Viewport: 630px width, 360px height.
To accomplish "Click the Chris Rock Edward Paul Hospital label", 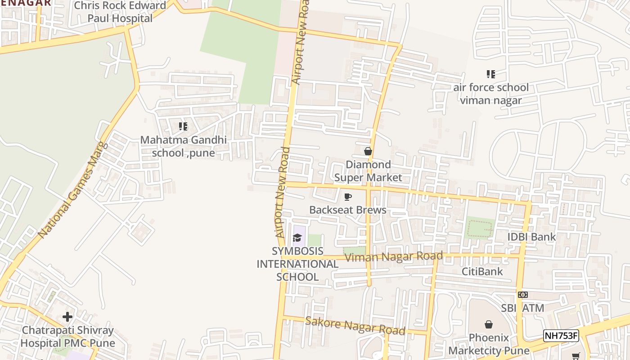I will pyautogui.click(x=120, y=12).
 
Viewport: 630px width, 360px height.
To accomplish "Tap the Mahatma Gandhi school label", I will pyautogui.click(x=183, y=146).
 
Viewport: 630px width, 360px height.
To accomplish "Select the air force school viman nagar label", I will pyautogui.click(x=490, y=94).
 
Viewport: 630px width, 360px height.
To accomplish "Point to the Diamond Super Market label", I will pyautogui.click(x=368, y=171).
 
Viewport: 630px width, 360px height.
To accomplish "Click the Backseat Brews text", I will pyautogui.click(x=348, y=210).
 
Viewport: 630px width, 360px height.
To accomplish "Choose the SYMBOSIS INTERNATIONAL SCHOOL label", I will pyautogui.click(x=297, y=264).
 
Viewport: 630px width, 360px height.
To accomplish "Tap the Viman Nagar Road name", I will pyautogui.click(x=394, y=256).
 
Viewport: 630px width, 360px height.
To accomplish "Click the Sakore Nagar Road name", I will pyautogui.click(x=355, y=325).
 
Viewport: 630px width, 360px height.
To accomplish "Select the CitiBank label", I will pyautogui.click(x=482, y=271).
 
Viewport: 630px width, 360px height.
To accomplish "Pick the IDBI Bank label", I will pyautogui.click(x=532, y=237).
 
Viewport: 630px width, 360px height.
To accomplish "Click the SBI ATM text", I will pyautogui.click(x=523, y=308).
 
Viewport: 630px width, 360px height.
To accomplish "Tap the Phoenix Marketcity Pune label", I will pyautogui.click(x=489, y=344).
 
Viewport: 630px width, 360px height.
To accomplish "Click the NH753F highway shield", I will pyautogui.click(x=561, y=336).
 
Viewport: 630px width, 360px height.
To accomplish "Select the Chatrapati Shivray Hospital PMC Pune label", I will pyautogui.click(x=67, y=337).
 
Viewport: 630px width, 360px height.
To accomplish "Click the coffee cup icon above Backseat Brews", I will pyautogui.click(x=347, y=197).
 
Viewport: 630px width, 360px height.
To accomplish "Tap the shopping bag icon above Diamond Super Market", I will pyautogui.click(x=368, y=151).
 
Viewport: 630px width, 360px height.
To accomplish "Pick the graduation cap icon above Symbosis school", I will pyautogui.click(x=297, y=238).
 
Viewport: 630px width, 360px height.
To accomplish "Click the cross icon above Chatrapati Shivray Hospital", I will pyautogui.click(x=67, y=317).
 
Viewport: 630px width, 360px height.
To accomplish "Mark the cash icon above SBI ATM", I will pyautogui.click(x=522, y=295).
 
